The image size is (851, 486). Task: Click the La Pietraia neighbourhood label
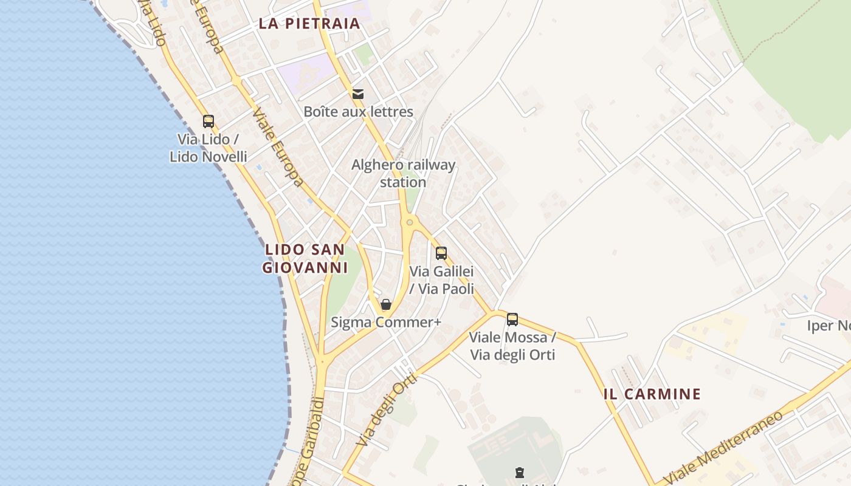click(x=309, y=24)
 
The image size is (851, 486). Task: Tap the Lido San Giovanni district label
click(x=305, y=258)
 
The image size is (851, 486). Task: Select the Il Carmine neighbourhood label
click(x=652, y=394)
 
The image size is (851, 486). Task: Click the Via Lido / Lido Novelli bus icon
click(x=208, y=122)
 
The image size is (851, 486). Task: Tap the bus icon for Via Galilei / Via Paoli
click(x=441, y=253)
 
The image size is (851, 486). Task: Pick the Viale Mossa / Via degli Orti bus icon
click(x=512, y=319)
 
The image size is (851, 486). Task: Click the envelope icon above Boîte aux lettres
click(x=358, y=94)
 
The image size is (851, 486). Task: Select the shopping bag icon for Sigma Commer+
click(x=386, y=304)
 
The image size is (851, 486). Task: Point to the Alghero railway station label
click(x=403, y=173)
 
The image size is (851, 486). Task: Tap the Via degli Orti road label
click(x=387, y=411)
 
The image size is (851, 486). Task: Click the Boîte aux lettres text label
click(x=358, y=112)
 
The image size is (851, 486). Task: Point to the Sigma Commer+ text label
click(x=386, y=322)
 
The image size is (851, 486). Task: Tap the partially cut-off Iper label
click(x=828, y=326)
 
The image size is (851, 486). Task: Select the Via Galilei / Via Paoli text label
click(x=441, y=279)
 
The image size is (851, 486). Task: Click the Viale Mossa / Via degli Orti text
click(x=512, y=346)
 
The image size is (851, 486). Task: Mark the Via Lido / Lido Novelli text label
click(x=208, y=148)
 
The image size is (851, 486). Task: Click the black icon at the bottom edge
click(x=519, y=473)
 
